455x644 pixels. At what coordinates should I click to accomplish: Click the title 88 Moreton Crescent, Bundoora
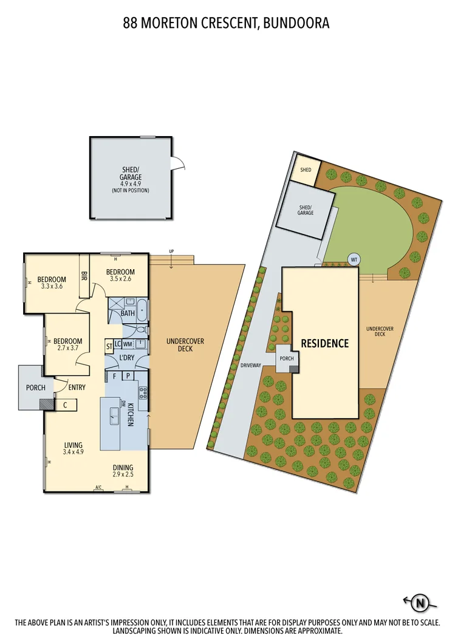[227, 24]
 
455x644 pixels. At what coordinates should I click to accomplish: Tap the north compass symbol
[419, 603]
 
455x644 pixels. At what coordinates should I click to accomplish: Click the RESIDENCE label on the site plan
[325, 343]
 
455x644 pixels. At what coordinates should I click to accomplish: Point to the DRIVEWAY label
[250, 366]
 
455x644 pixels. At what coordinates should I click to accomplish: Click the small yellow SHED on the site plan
[306, 169]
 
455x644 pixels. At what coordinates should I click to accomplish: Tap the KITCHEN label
[131, 414]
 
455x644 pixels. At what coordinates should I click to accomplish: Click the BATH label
[128, 313]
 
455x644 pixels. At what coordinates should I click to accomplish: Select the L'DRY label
[126, 358]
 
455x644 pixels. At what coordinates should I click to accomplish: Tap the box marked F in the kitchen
[114, 376]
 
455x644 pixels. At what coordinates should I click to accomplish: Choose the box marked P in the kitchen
[128, 376]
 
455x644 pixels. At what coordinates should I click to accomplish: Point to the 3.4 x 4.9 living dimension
[73, 452]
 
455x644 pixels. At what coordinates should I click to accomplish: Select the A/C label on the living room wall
[98, 487]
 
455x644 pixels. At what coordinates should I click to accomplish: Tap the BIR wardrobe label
[84, 275]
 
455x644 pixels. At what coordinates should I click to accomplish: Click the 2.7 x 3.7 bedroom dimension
[67, 349]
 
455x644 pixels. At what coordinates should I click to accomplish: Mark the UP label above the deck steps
[172, 251]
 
